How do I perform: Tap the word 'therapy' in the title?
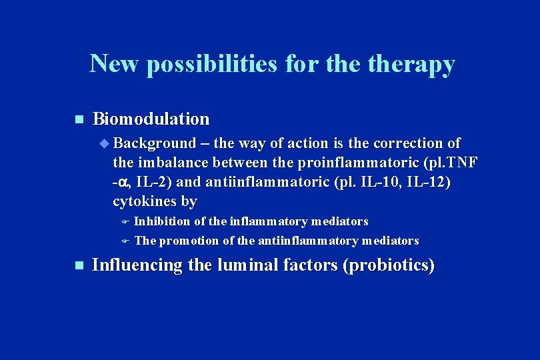click(x=413, y=64)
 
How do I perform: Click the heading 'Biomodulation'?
click(x=151, y=119)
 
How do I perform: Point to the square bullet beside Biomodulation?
click(x=78, y=120)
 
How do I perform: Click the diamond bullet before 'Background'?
click(x=103, y=143)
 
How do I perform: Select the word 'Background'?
click(x=154, y=143)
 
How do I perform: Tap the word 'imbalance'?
click(x=174, y=163)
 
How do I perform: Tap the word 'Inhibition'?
click(x=163, y=221)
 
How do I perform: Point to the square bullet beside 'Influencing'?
click(x=78, y=266)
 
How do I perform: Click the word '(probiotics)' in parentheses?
click(x=388, y=265)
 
